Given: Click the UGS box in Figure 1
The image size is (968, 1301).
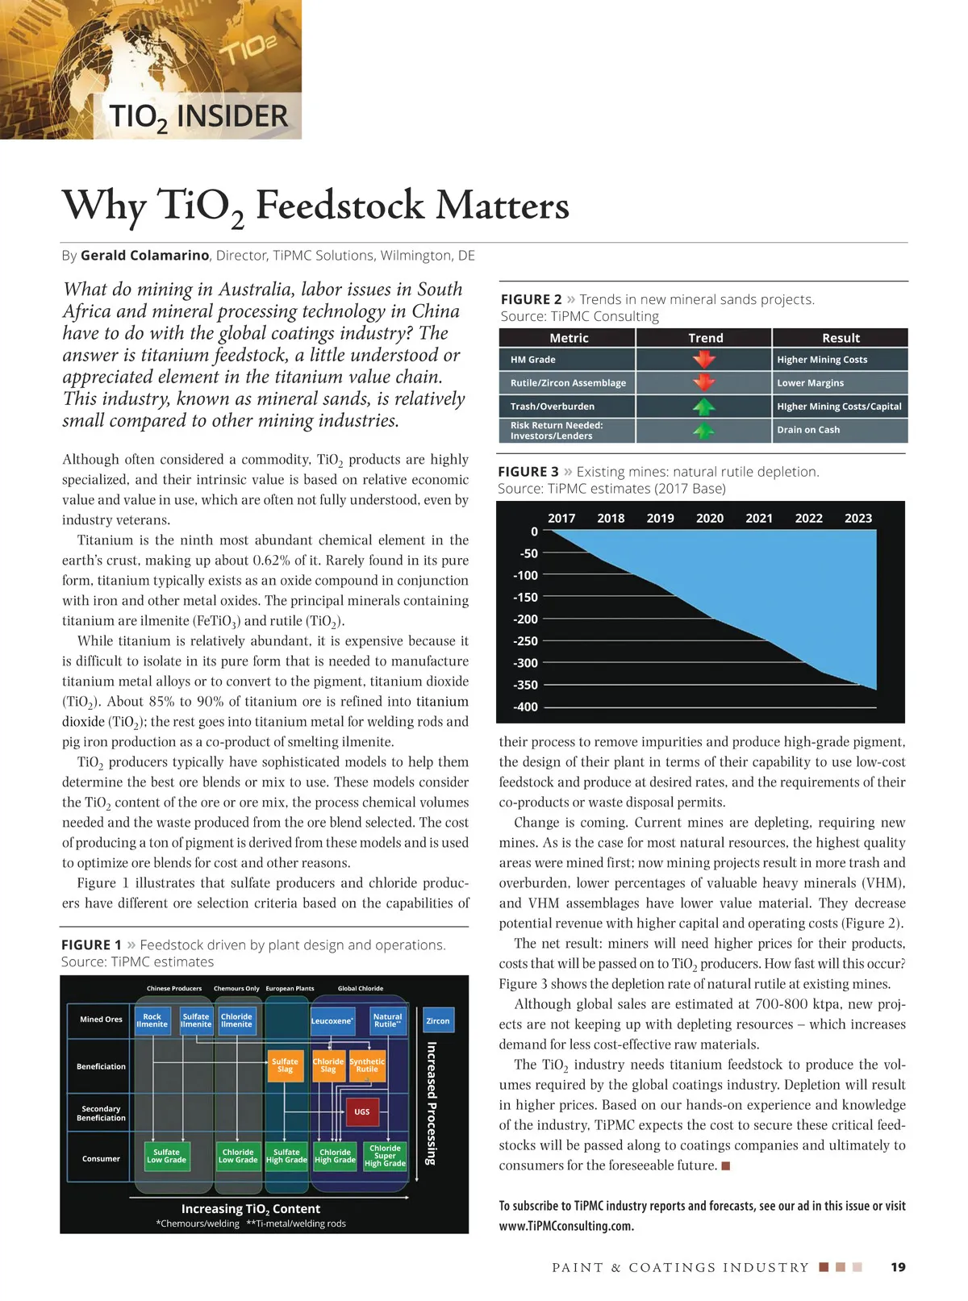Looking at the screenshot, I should click(x=361, y=1111).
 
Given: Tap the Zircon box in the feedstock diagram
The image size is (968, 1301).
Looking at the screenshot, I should click(x=437, y=1021).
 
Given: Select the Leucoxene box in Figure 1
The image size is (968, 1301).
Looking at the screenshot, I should click(x=332, y=1021).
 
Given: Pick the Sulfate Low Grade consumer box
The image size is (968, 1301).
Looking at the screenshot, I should click(x=166, y=1156).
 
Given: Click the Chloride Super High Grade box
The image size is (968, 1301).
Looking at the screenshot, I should click(x=385, y=1156).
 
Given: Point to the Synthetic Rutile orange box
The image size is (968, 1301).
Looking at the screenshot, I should click(x=367, y=1065).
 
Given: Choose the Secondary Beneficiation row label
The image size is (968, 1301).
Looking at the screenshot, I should click(x=101, y=1113).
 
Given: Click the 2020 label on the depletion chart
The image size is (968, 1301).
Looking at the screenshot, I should click(x=710, y=518).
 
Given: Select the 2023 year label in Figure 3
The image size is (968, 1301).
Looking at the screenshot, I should click(x=858, y=518).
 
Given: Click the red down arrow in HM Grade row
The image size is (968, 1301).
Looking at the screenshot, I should click(x=704, y=359).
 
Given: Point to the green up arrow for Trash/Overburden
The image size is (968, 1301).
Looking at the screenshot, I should click(x=704, y=406).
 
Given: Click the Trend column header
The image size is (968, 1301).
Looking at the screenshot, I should click(x=705, y=338).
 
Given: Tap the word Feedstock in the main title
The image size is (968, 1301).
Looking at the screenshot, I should click(x=342, y=206).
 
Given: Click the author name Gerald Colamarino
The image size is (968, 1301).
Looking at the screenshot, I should click(x=144, y=256).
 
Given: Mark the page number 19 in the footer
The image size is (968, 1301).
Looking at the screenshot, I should click(x=898, y=1267).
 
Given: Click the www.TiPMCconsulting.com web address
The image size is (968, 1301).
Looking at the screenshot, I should click(x=566, y=1226).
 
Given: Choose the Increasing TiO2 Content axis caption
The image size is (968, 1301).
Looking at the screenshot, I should click(x=251, y=1208).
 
